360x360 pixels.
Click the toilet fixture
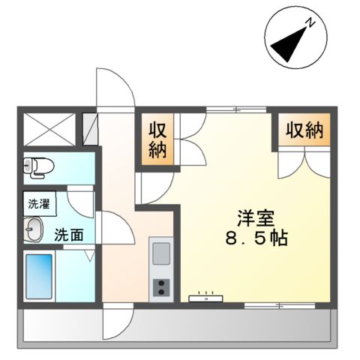point(34,167)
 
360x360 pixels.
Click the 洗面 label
point(69,234)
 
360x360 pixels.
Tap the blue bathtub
point(39,277)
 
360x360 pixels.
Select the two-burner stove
point(162,287)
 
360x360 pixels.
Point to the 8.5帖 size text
point(256,240)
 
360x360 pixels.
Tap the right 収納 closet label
point(304,131)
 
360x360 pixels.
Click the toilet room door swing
point(81,196)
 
